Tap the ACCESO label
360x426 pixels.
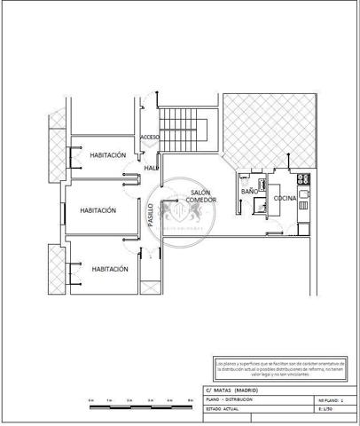[x=150, y=138]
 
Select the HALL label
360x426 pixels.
[x=151, y=166]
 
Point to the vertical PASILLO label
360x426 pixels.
[x=150, y=216]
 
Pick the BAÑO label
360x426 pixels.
[x=249, y=191]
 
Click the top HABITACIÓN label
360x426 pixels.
[x=108, y=155]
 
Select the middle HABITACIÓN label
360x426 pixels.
[x=98, y=211]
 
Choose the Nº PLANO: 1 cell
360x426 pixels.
[x=332, y=400]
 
